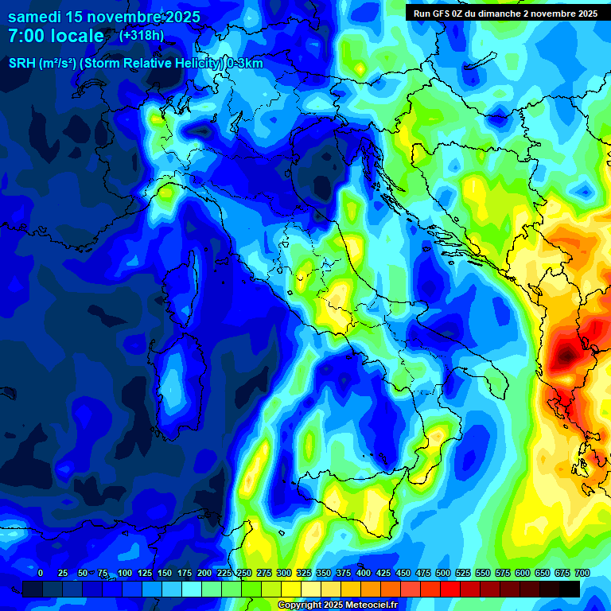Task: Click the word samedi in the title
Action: [x=34, y=17]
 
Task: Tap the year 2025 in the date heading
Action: [x=179, y=17]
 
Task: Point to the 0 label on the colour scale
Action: [x=41, y=573]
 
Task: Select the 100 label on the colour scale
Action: [x=125, y=573]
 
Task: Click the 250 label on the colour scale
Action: [x=244, y=573]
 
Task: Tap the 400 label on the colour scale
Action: [x=364, y=573]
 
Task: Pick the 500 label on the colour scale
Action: [x=443, y=573]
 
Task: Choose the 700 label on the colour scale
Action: [x=582, y=573]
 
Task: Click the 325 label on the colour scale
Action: [x=304, y=573]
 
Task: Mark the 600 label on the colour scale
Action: [x=523, y=573]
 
